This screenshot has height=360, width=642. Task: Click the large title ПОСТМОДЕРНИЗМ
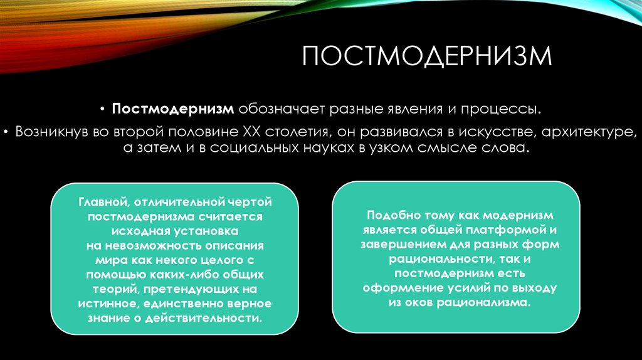tap(427, 56)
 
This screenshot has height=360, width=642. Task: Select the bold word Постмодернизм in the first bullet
tap(173, 109)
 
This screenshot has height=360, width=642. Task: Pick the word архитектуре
tap(589, 132)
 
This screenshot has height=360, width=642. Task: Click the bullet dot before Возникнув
tap(6, 132)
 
